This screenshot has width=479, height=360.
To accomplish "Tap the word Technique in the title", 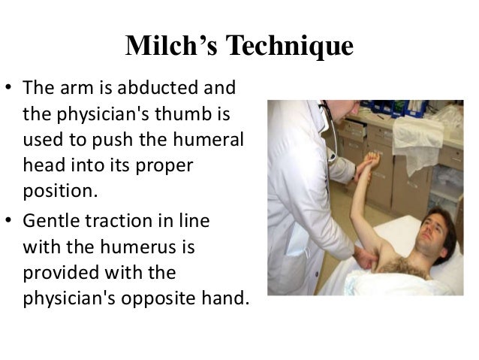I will coord(288,47).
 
